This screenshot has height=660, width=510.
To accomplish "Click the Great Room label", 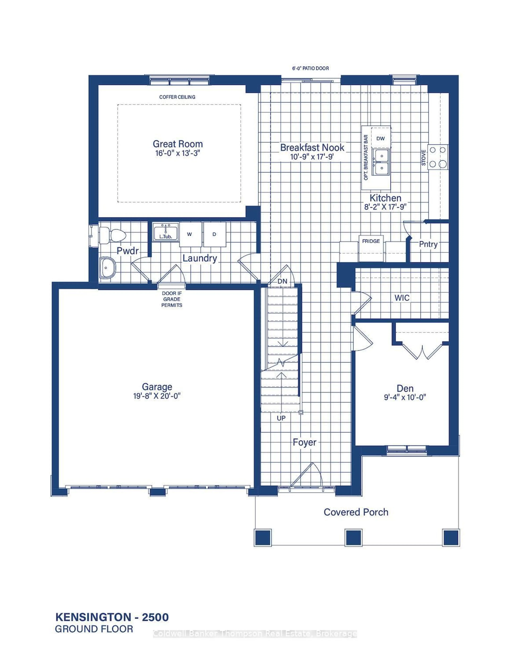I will point(178,144).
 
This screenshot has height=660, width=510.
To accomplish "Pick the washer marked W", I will point(190,234).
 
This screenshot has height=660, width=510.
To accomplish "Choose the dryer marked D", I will point(214,234).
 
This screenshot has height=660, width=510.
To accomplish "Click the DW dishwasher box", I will point(381,138).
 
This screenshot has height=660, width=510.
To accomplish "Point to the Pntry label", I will point(428,244).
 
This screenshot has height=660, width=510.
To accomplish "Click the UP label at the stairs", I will point(281,418).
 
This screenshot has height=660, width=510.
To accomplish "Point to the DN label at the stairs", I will point(282,281).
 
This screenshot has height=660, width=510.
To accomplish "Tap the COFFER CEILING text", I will point(177,97).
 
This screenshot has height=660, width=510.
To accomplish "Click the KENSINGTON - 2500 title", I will point(112,617).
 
